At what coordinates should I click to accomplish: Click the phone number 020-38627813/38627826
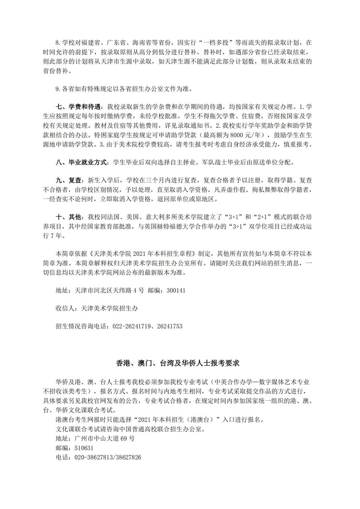coord(105,457)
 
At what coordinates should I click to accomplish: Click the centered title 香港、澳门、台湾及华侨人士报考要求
coord(180,362)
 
